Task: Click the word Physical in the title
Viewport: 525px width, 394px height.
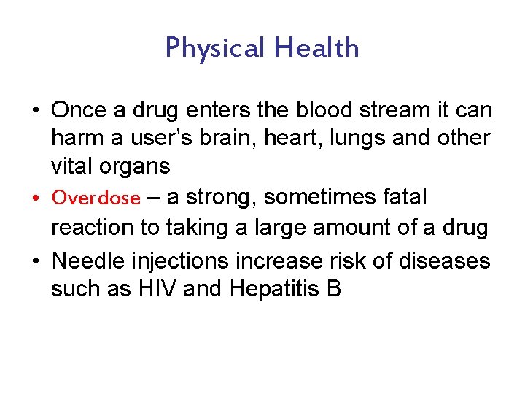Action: tap(215, 48)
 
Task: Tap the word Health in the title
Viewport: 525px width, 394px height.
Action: tap(316, 48)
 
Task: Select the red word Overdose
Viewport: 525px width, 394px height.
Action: tap(96, 198)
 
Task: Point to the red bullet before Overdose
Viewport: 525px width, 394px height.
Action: tap(36, 198)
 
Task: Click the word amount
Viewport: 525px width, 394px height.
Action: tap(349, 228)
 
